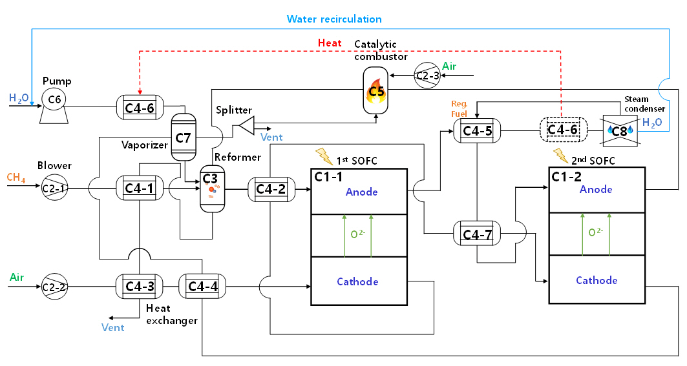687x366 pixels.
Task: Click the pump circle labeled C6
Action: (54, 99)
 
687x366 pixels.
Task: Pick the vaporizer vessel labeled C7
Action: (184, 136)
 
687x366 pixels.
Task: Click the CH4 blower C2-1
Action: (54, 188)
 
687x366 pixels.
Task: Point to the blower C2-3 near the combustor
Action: (426, 76)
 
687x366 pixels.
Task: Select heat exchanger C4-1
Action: (140, 188)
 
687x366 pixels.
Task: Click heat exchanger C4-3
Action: (140, 285)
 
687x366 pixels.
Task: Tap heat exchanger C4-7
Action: (478, 232)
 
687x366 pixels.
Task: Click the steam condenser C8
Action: (620, 130)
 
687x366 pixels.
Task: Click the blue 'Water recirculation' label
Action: (334, 19)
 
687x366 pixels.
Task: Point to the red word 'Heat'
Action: (330, 43)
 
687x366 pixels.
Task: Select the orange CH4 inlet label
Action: (16, 177)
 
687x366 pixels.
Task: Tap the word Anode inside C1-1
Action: (362, 192)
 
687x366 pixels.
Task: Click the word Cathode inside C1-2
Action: (597, 280)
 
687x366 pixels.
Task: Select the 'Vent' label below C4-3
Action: (112, 327)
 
